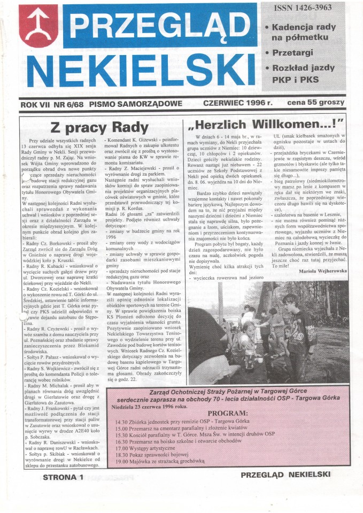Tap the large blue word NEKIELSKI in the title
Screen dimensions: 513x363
(x=140, y=69)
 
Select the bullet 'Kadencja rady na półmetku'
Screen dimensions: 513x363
(x=303, y=32)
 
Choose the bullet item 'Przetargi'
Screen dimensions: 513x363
(x=295, y=53)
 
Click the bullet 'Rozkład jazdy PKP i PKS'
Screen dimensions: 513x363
(x=303, y=74)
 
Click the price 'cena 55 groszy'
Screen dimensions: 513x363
(x=314, y=102)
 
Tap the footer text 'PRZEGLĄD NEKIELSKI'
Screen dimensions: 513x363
(x=285, y=475)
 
